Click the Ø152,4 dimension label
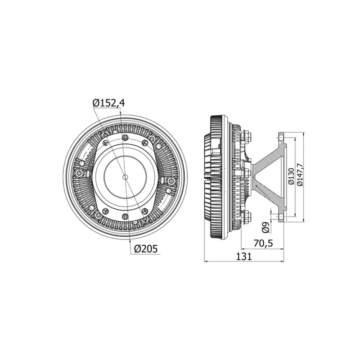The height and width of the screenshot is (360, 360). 108,103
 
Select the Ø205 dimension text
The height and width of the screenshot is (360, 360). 145,248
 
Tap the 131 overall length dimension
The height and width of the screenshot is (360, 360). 243,256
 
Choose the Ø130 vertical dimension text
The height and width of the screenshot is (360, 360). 291,177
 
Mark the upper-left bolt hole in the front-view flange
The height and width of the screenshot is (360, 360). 105,143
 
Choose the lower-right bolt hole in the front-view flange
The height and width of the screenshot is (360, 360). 145,211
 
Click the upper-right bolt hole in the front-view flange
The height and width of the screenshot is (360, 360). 145,143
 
